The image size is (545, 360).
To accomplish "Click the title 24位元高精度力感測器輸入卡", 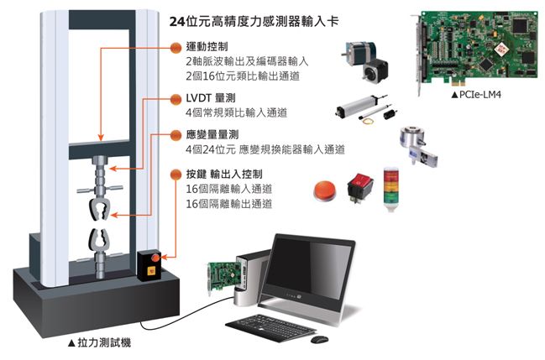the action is click(x=254, y=22).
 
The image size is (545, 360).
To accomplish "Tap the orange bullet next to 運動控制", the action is click(x=176, y=48).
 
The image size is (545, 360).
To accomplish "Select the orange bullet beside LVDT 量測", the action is click(x=176, y=99).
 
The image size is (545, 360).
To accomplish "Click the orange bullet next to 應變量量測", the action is click(x=176, y=135).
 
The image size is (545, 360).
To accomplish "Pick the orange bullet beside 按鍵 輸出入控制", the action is click(x=176, y=175).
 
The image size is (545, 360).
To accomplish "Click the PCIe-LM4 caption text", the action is click(x=476, y=95).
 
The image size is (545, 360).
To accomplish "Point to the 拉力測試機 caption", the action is click(x=99, y=343).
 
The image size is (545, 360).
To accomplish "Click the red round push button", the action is click(x=325, y=190).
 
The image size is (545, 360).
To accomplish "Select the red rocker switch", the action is click(x=360, y=188).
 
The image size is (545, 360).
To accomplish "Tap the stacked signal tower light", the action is click(x=391, y=190).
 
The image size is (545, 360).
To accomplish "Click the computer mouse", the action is click(x=319, y=339).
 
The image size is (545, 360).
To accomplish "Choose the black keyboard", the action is click(x=271, y=327).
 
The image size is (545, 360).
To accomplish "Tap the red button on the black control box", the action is click(x=155, y=258).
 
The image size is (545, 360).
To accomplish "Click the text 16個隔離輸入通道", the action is click(x=229, y=189).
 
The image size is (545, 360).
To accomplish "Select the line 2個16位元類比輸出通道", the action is click(x=243, y=76).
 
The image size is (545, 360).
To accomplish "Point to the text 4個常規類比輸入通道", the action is click(x=237, y=112).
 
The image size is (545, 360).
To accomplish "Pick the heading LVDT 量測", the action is click(x=211, y=98).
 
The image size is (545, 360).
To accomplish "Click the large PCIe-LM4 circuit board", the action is click(x=475, y=49).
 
